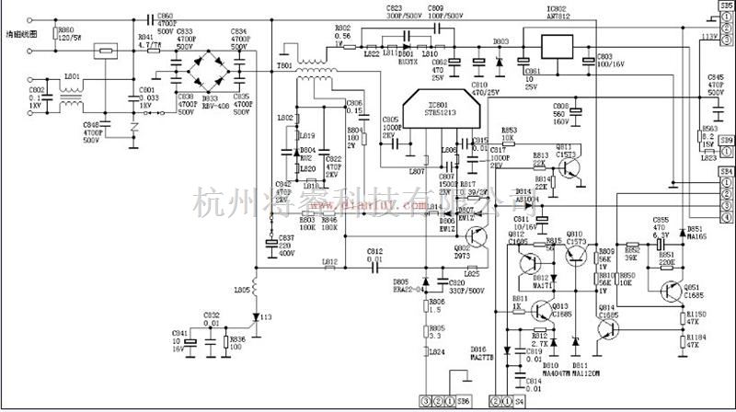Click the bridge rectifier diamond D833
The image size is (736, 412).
tap(212, 69)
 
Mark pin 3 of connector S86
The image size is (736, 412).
tap(425, 402)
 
